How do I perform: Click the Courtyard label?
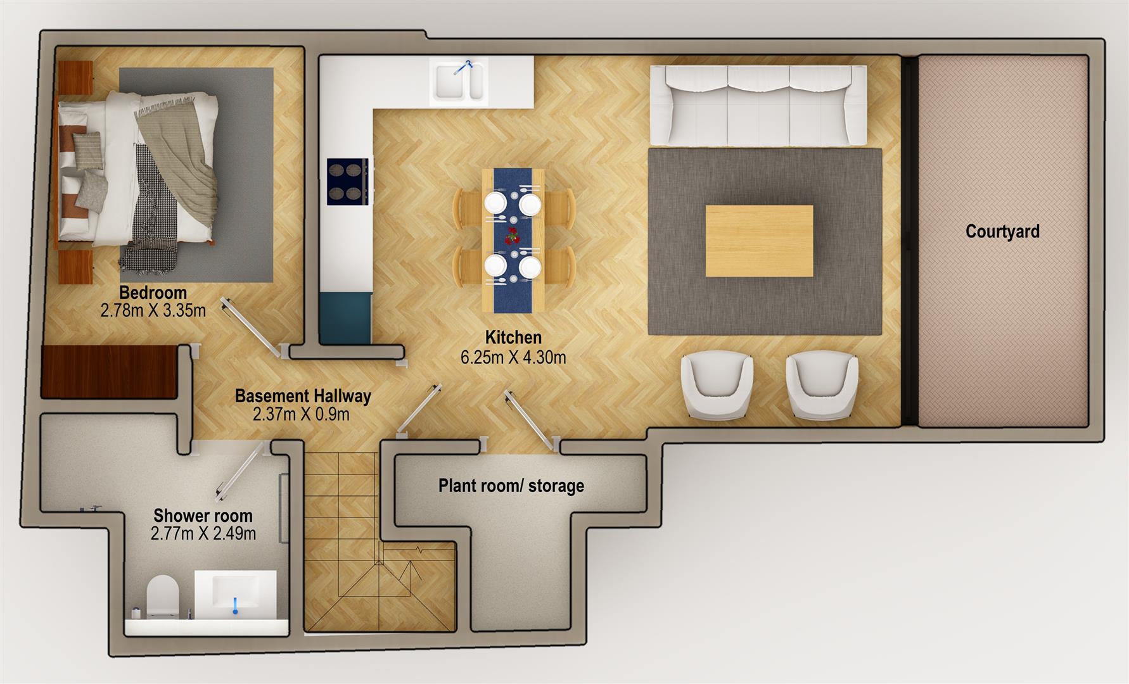pyautogui.click(x=1002, y=231)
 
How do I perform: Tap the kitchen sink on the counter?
pyautogui.click(x=459, y=82)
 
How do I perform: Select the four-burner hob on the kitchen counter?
pyautogui.click(x=347, y=182)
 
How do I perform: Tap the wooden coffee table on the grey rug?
pyautogui.click(x=759, y=241)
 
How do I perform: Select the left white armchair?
pyautogui.click(x=717, y=386)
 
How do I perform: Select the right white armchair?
pyautogui.click(x=822, y=386)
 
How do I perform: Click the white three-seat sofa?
pyautogui.click(x=758, y=105)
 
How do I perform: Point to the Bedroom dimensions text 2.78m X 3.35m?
pyautogui.click(x=153, y=310)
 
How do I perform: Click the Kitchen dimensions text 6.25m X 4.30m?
pyautogui.click(x=513, y=357)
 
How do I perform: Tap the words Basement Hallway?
pyautogui.click(x=303, y=396)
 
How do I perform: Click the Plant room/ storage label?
pyautogui.click(x=511, y=486)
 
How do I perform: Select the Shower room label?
pyautogui.click(x=203, y=516)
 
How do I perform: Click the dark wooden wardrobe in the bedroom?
pyautogui.click(x=108, y=372)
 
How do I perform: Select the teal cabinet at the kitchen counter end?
pyautogui.click(x=345, y=318)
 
